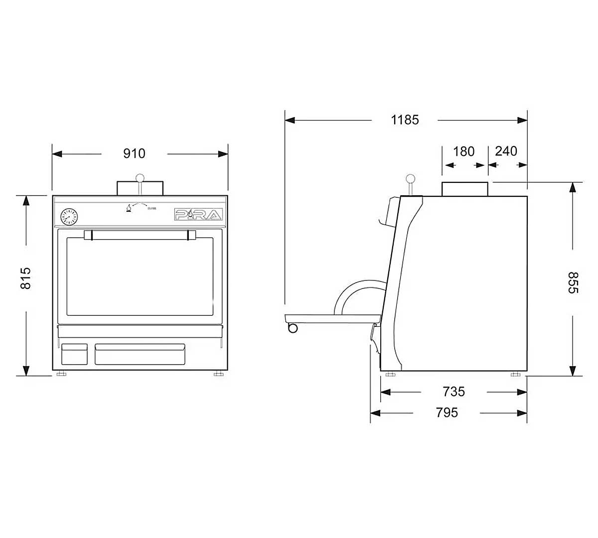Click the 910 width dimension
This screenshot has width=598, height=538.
coord(134,153)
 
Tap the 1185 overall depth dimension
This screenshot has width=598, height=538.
coord(405,120)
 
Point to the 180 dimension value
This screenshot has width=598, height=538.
coord(463,151)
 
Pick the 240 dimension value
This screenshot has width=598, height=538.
coord(506,151)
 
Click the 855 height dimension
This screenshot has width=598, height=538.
coord(573,282)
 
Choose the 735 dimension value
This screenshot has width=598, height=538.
coord(453,392)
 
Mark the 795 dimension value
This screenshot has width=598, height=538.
coord(447,412)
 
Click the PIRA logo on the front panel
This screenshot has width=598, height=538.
coord(198,215)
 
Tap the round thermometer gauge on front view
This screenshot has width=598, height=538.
coord(69,217)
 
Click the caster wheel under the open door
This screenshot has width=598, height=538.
coord(293,328)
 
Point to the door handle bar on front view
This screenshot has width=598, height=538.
coord(140,235)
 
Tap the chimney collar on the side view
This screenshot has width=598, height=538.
coord(464,189)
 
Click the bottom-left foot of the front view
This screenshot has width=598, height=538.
coord(61,374)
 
